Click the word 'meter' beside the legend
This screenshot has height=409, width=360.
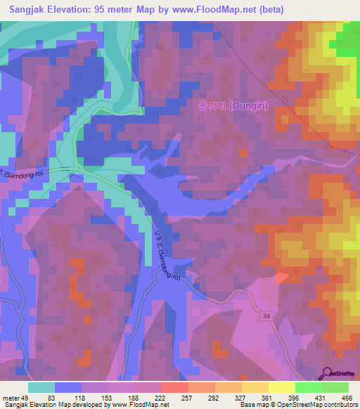click(13, 396)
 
